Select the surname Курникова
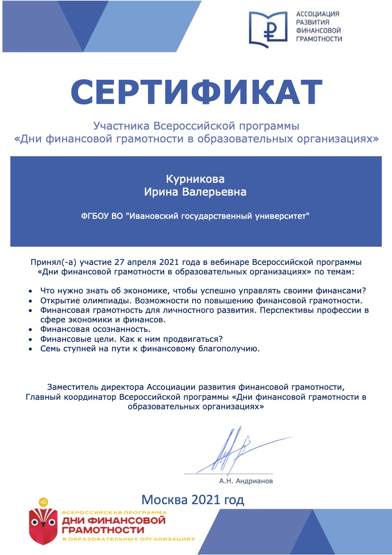pyautogui.click(x=195, y=179)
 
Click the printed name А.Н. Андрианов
pyautogui.click(x=246, y=481)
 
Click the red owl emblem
pyautogui.click(x=44, y=520)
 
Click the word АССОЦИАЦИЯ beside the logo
pyautogui.click(x=317, y=14)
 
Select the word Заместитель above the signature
pyautogui.click(x=71, y=385)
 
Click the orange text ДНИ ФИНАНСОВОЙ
pyautogui.click(x=114, y=521)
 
